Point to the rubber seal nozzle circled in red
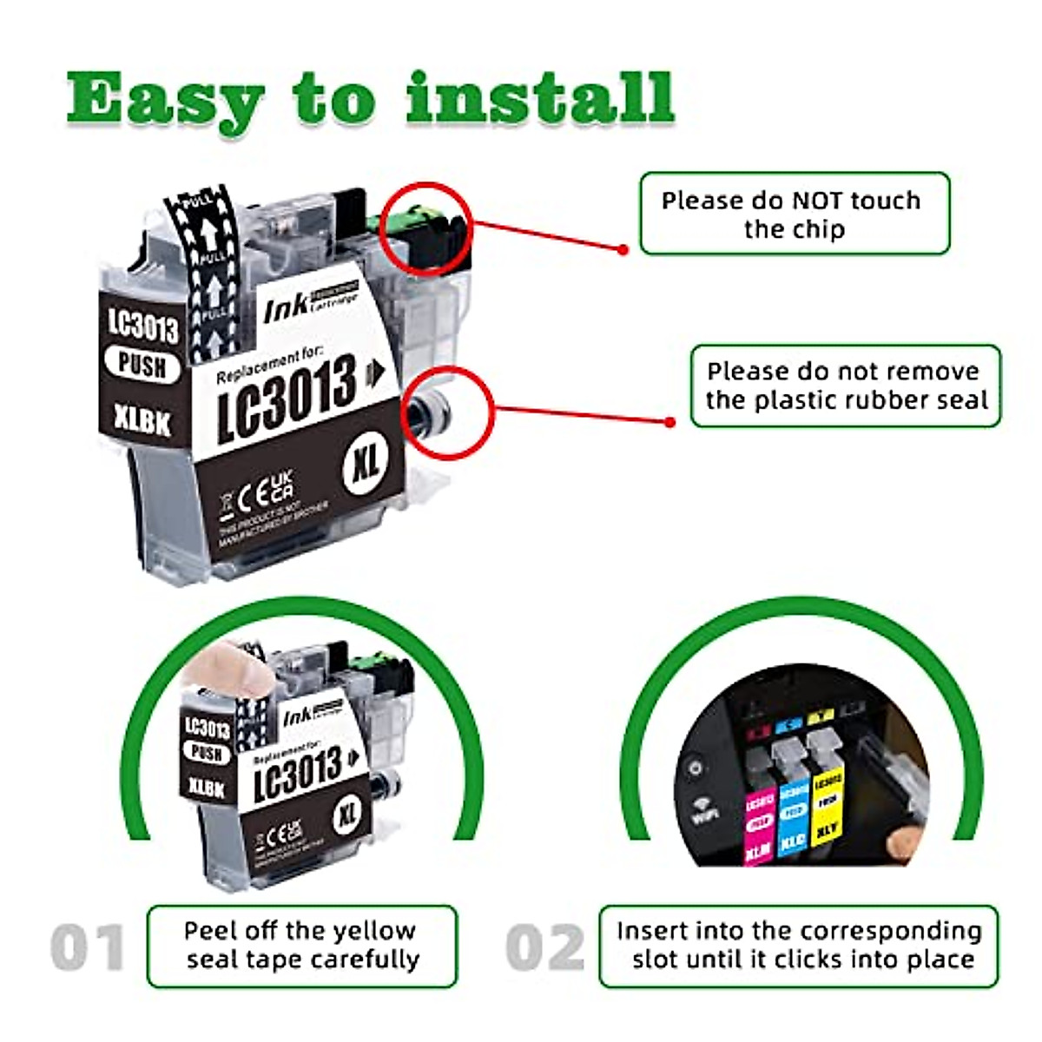(x=431, y=409)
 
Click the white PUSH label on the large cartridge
(x=142, y=365)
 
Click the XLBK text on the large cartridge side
(x=142, y=421)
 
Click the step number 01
(x=87, y=947)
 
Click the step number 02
(x=545, y=947)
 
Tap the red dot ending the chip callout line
(x=623, y=249)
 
